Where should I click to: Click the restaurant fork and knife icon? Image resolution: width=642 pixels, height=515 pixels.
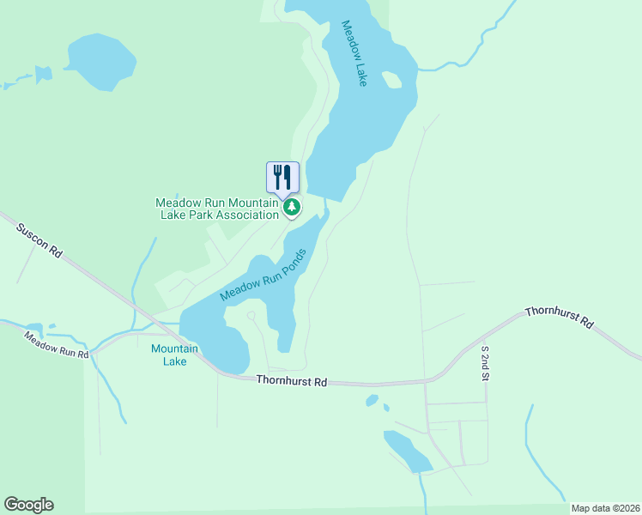click(283, 177)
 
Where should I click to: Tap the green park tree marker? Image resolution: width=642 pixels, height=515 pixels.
click(292, 207)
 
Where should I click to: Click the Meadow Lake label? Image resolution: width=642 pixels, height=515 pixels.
click(354, 53)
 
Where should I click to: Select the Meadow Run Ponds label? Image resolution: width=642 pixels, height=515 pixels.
click(263, 275)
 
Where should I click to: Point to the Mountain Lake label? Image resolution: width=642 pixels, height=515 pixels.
click(174, 354)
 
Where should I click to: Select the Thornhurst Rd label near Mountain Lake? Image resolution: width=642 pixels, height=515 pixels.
click(291, 380)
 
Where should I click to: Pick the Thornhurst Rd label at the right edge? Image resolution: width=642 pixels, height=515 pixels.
click(559, 317)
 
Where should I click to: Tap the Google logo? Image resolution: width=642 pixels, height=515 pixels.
click(28, 504)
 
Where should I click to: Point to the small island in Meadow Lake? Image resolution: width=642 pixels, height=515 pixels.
click(391, 80)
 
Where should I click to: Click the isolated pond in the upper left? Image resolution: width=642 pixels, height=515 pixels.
click(101, 62)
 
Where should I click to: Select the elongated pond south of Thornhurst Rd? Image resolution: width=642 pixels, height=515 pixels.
click(407, 451)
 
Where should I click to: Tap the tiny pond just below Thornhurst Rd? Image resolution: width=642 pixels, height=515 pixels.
click(372, 400)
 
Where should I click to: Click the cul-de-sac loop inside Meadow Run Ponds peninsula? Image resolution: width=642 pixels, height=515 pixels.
click(251, 316)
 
